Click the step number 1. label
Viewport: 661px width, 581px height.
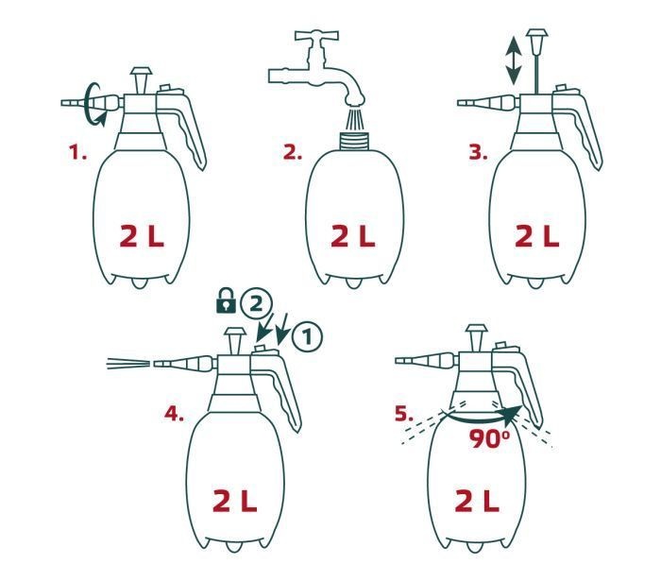(78, 152)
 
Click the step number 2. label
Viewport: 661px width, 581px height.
(292, 152)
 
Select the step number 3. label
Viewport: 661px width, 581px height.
(478, 152)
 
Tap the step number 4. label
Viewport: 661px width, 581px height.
(174, 414)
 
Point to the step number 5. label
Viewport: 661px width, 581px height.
(404, 414)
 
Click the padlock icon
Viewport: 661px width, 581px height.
(226, 300)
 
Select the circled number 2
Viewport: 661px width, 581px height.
(256, 304)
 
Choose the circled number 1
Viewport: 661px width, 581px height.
(307, 337)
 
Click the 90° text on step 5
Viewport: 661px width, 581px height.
(489, 439)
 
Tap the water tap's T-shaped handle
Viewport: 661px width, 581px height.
(317, 35)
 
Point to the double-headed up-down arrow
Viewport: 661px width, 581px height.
(514, 60)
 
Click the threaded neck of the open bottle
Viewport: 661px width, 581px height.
(354, 141)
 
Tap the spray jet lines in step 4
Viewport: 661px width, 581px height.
(128, 364)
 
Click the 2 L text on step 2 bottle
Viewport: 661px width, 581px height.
(353, 236)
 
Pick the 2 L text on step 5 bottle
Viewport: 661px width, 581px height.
(477, 501)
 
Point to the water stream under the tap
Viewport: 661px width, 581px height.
(354, 118)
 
